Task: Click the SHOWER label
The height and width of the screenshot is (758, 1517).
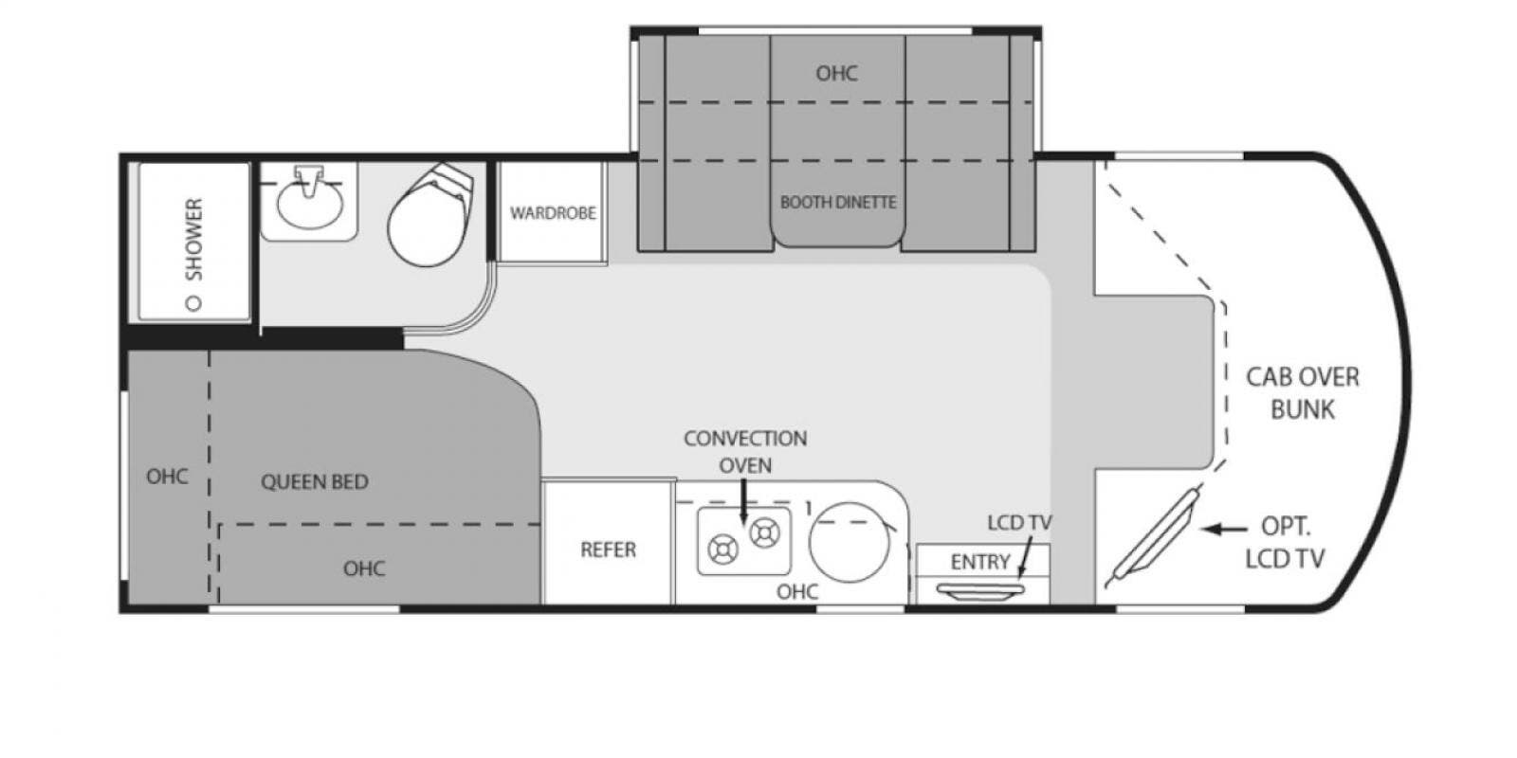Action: pyautogui.click(x=193, y=239)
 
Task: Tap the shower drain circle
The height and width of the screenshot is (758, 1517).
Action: pyautogui.click(x=194, y=302)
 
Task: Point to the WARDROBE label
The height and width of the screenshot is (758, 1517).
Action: pyautogui.click(x=553, y=213)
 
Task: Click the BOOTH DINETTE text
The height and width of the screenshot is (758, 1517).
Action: pyautogui.click(x=838, y=203)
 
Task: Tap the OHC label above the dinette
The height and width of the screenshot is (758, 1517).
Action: pyautogui.click(x=836, y=73)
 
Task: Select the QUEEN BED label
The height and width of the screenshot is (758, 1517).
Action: pyautogui.click(x=315, y=482)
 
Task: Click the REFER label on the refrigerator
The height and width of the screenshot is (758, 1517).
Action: pyautogui.click(x=608, y=550)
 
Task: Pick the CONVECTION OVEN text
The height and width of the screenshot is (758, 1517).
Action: pyautogui.click(x=745, y=452)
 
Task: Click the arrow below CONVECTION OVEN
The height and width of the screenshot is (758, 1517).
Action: pyautogui.click(x=743, y=501)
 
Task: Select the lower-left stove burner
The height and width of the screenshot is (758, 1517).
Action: pyautogui.click(x=722, y=550)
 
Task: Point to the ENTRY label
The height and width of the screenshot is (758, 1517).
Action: pyautogui.click(x=980, y=562)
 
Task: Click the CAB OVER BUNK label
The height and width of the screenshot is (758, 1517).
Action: pyautogui.click(x=1303, y=393)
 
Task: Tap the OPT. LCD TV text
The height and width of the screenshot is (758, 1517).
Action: pyautogui.click(x=1285, y=542)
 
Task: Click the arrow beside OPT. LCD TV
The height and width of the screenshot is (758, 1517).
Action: pyautogui.click(x=1224, y=529)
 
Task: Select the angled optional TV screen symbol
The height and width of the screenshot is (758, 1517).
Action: pyautogui.click(x=1151, y=537)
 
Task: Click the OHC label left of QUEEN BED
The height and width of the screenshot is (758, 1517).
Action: pyautogui.click(x=167, y=477)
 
